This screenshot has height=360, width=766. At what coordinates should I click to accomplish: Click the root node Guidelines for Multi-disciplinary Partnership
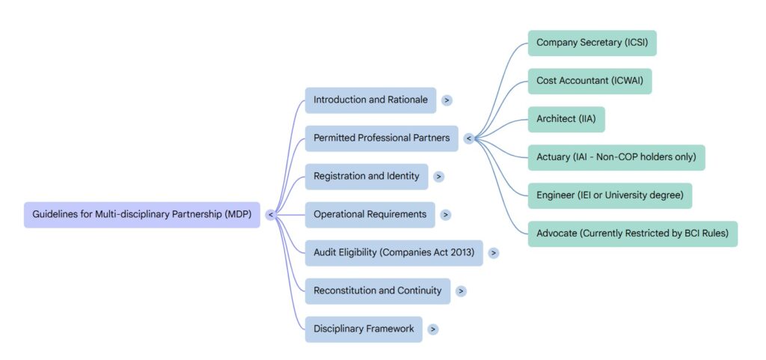(142, 215)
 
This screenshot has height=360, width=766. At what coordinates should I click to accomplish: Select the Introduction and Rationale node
(370, 100)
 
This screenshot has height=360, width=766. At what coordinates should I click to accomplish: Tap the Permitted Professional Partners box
(382, 138)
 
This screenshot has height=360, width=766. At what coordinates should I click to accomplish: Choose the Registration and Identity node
(367, 177)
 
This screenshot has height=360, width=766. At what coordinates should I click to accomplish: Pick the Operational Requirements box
(370, 215)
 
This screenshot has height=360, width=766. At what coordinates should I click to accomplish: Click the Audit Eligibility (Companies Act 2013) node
(393, 253)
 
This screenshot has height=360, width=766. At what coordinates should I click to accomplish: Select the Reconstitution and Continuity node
(377, 291)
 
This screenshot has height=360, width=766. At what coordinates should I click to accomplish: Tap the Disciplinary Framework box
(364, 329)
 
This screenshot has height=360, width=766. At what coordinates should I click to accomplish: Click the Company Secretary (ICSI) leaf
(592, 43)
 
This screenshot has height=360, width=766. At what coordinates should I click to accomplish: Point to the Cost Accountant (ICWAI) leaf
(589, 81)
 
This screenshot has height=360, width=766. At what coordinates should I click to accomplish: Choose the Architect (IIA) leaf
(566, 120)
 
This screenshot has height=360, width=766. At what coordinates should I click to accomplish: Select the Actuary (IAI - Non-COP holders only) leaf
(616, 157)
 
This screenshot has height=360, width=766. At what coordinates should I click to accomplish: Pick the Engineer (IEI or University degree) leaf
(610, 196)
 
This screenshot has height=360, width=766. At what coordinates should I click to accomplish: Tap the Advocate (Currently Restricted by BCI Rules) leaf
(632, 234)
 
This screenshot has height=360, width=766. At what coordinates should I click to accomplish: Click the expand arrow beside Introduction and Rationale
(447, 100)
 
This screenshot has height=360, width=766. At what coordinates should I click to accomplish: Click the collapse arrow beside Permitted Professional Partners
(469, 138)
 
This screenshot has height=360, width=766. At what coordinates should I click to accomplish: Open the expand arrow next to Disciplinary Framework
(433, 329)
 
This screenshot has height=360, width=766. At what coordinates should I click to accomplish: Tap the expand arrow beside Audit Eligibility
(494, 253)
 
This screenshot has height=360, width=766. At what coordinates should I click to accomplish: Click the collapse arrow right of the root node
(271, 215)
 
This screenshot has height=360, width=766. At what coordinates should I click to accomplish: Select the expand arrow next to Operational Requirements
(446, 215)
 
